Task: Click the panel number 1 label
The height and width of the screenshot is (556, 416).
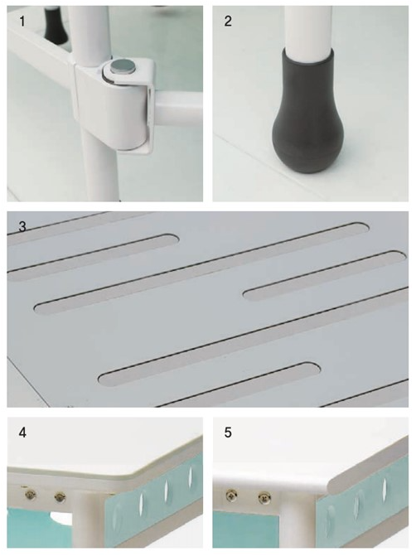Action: coord(22,22)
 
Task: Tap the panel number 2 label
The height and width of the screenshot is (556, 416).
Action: coord(228,22)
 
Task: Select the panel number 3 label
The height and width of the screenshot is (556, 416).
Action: coord(22,226)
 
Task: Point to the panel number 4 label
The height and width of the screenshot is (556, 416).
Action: coord(22,433)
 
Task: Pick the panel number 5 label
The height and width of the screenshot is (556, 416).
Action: coord(228,433)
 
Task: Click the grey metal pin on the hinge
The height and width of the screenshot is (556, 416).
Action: coord(121,66)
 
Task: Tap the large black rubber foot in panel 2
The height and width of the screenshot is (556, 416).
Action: coord(302,114)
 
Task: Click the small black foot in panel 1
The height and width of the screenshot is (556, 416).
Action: coord(56,24)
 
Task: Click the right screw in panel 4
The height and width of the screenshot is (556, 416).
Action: coord(60,497)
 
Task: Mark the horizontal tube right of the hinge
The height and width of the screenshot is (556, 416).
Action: coord(177,106)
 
